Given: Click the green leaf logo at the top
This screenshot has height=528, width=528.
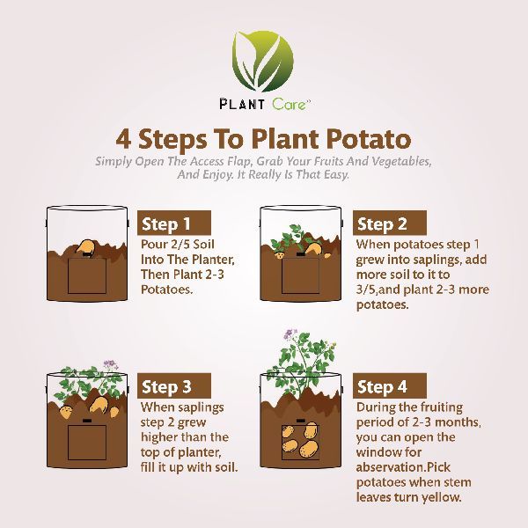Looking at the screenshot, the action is (262, 62).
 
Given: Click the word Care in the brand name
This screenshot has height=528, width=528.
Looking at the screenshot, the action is (289, 104).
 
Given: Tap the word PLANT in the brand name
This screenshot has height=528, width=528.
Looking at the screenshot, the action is (242, 104).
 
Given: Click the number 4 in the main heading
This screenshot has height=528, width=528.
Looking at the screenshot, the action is (123, 139).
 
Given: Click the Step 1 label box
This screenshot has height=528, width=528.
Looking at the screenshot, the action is (174, 223).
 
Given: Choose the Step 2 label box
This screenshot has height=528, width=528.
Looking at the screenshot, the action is (390, 223).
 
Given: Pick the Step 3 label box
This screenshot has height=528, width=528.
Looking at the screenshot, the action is (174, 386).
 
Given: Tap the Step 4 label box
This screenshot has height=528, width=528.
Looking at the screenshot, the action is (390, 386).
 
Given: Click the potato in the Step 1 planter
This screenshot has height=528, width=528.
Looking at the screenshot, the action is (85, 246).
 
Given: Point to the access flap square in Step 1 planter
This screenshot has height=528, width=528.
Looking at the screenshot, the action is (87, 275).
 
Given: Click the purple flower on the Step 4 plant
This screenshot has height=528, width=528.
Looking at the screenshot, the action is (290, 334).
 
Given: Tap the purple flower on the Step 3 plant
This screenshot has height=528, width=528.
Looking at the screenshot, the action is (109, 364).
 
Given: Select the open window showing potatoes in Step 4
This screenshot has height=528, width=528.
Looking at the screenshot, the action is (300, 443).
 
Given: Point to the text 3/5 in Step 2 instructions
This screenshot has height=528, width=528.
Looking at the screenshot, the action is (365, 290).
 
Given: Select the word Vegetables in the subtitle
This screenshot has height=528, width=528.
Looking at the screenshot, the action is (401, 162).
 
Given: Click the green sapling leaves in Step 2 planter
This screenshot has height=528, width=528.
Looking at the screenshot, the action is (286, 239).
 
